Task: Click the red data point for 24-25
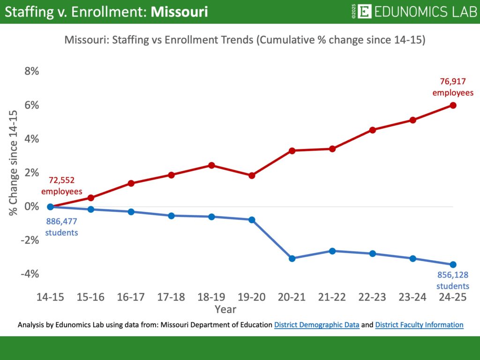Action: [x=453, y=105]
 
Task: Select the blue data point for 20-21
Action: [x=292, y=258]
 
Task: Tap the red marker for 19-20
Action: [x=252, y=175]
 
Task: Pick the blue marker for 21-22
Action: [x=332, y=251]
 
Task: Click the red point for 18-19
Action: [x=211, y=165]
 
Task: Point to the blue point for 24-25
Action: [x=453, y=264]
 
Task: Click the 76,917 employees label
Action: [x=453, y=87]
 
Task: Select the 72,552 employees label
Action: [x=61, y=186]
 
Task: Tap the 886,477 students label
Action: [x=61, y=226]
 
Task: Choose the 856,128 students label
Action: [x=453, y=280]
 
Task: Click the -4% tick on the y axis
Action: [x=30, y=274]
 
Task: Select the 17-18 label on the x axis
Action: [x=171, y=297]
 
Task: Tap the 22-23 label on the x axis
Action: [x=373, y=297]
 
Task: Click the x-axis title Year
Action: [x=225, y=309]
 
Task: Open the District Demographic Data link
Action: [x=317, y=325]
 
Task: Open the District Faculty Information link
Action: [x=419, y=325]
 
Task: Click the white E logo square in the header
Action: [x=364, y=12]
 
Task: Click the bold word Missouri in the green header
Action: [x=179, y=12]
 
